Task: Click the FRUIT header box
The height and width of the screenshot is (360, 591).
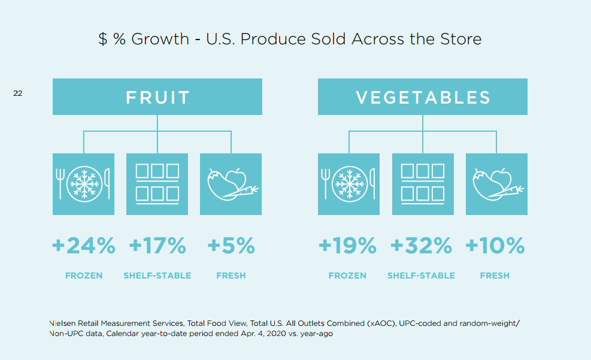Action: [x=157, y=96]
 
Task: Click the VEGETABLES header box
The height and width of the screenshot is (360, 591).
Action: [x=423, y=96]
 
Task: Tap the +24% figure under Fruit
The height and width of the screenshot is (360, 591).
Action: [x=84, y=246]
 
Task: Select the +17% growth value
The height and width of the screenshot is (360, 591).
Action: [x=157, y=246]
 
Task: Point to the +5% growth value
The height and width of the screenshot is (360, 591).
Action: [x=231, y=246]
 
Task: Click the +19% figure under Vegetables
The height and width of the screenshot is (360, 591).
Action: [x=347, y=246]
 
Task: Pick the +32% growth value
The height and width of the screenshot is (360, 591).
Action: [x=421, y=246]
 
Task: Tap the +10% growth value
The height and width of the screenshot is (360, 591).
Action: [x=495, y=246]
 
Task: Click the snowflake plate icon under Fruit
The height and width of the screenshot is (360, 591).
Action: [x=83, y=184]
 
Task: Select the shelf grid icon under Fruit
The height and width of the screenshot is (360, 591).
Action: [x=157, y=184]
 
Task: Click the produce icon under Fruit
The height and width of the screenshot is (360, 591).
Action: [x=231, y=184]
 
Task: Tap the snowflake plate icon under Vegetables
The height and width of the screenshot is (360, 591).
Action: [x=348, y=184]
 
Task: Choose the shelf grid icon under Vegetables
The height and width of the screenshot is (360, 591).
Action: [x=423, y=184]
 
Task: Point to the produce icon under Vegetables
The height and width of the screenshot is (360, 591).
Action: [x=497, y=184]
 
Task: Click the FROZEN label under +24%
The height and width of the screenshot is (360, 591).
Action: [x=84, y=276]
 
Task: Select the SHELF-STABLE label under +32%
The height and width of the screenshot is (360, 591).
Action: [x=421, y=276]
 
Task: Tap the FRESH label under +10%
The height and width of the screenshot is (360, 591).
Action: [x=495, y=276]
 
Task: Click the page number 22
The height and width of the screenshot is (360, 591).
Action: [x=18, y=93]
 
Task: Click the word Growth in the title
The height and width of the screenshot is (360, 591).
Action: [x=160, y=39]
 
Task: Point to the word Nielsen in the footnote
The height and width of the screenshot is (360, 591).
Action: [x=62, y=323]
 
